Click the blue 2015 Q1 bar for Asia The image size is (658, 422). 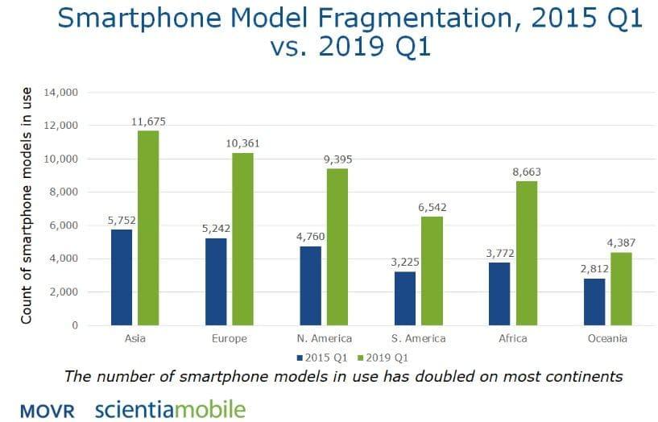[x=121, y=277]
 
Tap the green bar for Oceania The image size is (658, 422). [x=622, y=289]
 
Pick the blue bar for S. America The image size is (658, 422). [x=404, y=299]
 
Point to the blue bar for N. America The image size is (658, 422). [x=310, y=286]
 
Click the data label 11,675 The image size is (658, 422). [x=148, y=122]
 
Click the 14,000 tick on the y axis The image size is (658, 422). [x=62, y=93]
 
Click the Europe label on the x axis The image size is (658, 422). [x=230, y=339]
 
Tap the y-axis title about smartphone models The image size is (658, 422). [x=27, y=205]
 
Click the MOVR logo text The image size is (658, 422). [x=48, y=411]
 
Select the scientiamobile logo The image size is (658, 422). [x=169, y=409]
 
